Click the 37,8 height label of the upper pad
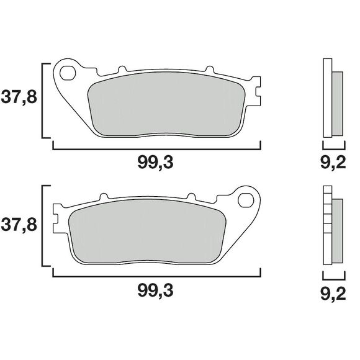coord(18,99)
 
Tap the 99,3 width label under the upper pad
coord(155,164)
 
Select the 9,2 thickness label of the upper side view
coord(333,164)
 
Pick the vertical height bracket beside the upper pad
coord(43,99)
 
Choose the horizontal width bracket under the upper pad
coord(155,148)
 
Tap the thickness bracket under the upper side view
coord(333,148)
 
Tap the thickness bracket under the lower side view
coord(333,274)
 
